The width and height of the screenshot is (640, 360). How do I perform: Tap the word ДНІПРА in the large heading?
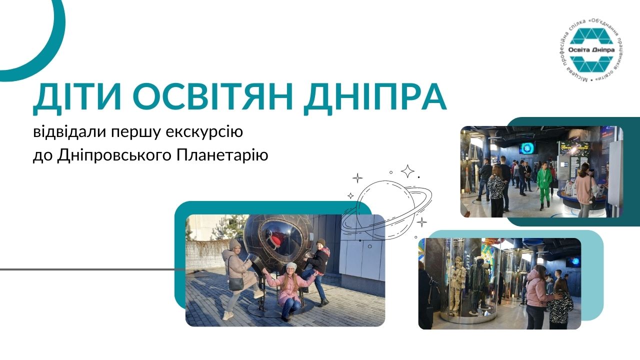375,98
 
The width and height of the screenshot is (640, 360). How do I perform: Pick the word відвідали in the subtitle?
69,131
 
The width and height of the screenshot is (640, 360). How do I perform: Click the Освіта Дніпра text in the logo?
591,50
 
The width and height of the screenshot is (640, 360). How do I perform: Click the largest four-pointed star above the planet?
407,171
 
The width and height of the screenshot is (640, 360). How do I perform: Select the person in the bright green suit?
544,185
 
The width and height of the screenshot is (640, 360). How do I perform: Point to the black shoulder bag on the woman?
236,283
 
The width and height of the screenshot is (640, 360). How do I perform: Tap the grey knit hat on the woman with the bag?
234,244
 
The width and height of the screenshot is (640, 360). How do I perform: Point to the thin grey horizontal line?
93,269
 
